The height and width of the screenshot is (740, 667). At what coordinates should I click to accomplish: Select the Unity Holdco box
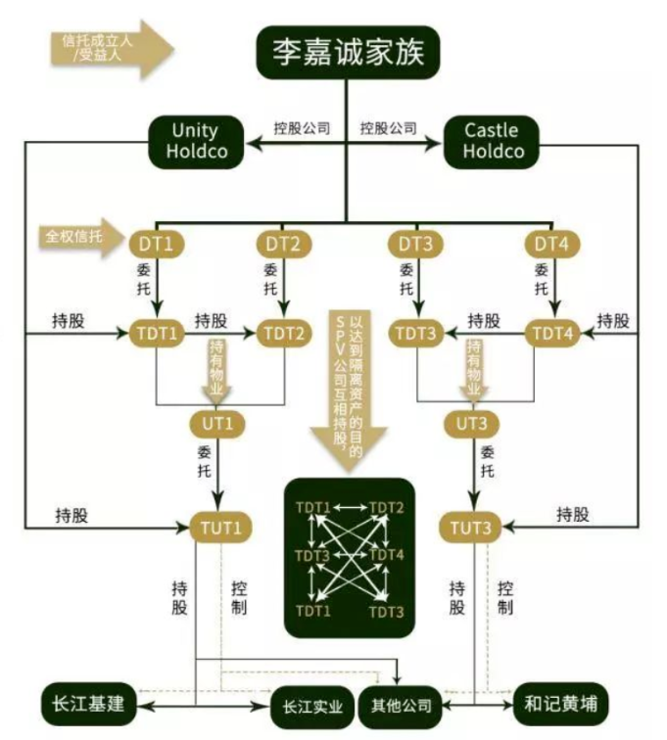click(195, 141)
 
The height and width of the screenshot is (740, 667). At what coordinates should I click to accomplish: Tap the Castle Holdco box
click(493, 141)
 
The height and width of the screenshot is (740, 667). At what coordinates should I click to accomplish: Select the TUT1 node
click(220, 527)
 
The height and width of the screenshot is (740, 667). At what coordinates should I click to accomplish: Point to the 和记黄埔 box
click(561, 704)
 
